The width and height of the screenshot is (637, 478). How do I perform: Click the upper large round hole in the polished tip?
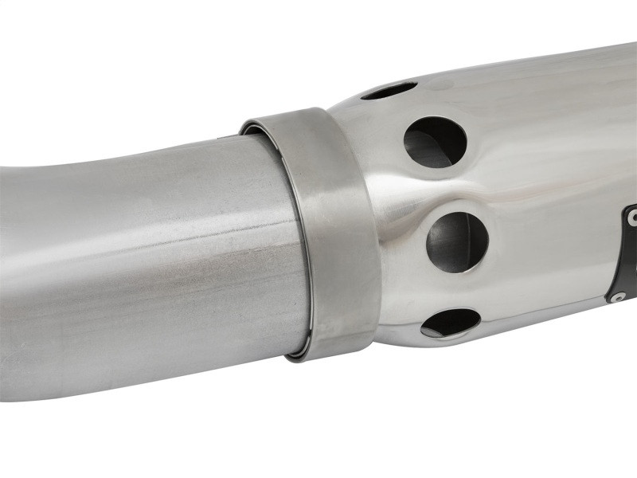(x=435, y=142)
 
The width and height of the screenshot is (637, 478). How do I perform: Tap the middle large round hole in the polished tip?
(x=457, y=241)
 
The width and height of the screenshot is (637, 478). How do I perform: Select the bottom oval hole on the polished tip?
(x=451, y=322)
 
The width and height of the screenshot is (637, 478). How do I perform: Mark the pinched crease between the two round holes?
(x=434, y=191)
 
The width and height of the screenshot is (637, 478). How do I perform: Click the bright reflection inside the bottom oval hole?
(x=446, y=326)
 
